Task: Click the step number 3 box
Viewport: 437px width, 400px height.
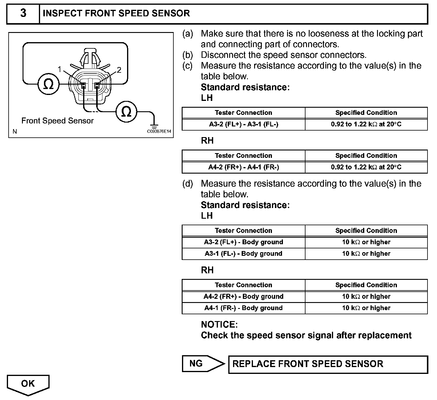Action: [23, 13]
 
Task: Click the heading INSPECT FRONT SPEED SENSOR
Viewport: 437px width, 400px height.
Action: [116, 13]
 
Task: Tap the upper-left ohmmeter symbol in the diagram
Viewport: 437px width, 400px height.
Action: [48, 85]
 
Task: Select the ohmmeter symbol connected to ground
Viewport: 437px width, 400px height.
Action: [126, 112]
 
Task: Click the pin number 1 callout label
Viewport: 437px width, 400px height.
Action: [60, 69]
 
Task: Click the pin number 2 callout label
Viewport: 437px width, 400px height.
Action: [119, 70]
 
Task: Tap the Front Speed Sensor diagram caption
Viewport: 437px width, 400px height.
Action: [57, 121]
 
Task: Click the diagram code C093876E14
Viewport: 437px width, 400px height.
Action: [159, 131]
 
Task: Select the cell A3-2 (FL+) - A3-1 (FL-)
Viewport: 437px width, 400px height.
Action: [243, 124]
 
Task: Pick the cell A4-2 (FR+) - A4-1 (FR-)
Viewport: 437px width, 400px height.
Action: [243, 167]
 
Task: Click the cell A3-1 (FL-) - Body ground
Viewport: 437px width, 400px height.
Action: [243, 254]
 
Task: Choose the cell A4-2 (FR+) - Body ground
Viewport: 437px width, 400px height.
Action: [243, 296]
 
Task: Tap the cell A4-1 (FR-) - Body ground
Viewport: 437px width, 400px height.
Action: [243, 308]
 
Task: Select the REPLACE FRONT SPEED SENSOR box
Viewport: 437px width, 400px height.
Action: [328, 364]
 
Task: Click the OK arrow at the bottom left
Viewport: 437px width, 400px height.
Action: [28, 384]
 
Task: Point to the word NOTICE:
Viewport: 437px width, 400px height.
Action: [219, 324]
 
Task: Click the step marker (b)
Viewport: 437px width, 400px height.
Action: [187, 55]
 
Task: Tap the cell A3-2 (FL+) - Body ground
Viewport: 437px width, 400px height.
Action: [243, 242]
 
